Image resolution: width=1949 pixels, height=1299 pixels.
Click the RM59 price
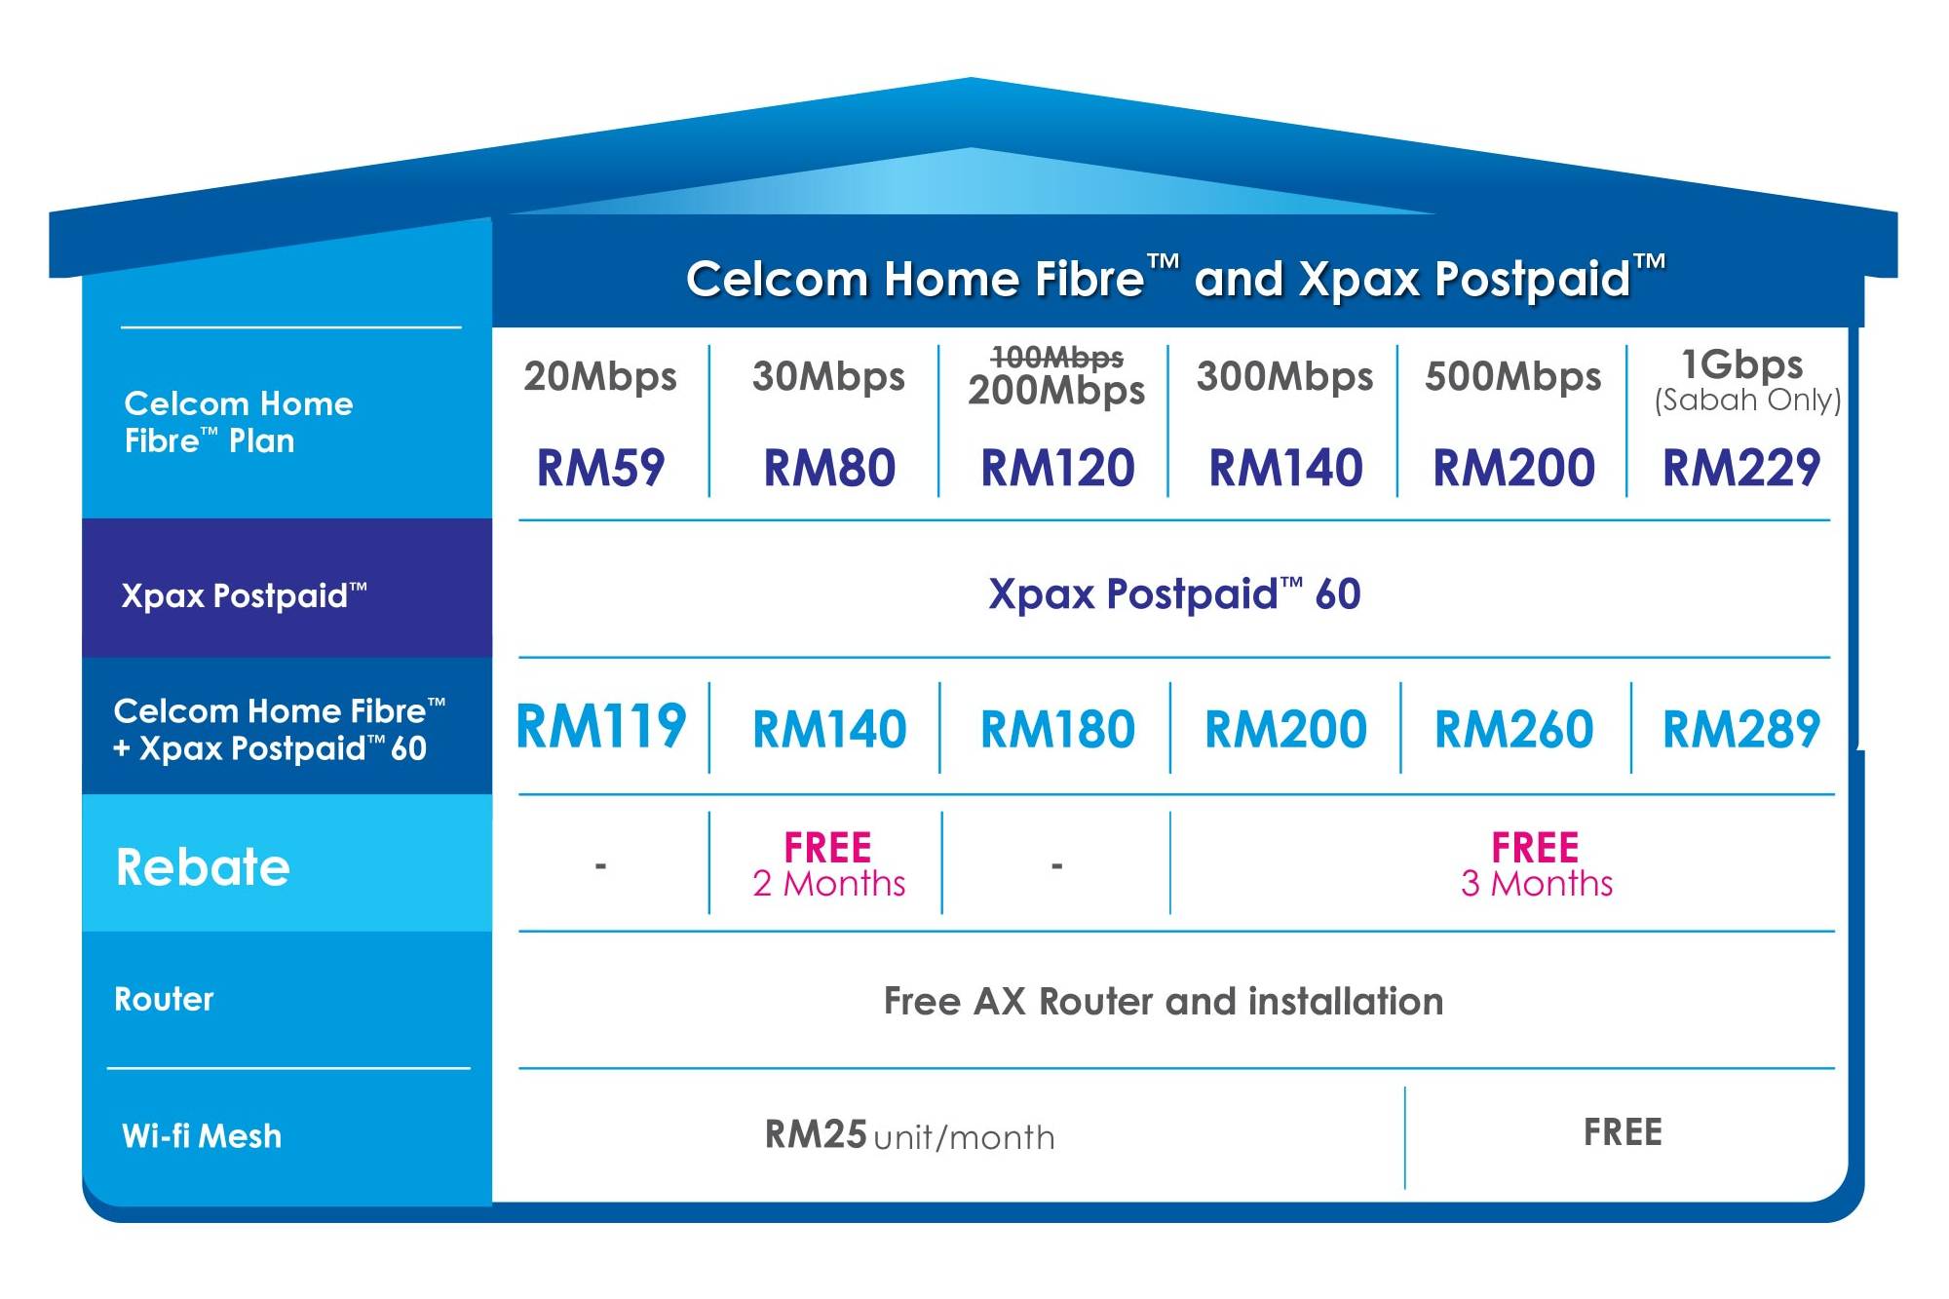[600, 468]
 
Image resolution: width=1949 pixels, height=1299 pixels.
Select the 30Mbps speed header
[828, 377]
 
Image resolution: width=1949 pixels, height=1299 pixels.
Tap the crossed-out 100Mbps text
[1057, 357]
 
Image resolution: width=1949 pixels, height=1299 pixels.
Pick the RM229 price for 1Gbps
[1740, 468]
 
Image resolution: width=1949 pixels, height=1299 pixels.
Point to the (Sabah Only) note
[1747, 401]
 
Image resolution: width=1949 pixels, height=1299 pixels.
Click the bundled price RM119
[601, 727]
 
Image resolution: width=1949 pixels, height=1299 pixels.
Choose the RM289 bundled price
[1740, 729]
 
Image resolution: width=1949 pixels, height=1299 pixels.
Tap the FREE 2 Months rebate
[828, 864]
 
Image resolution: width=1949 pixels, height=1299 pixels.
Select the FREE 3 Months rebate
[1536, 864]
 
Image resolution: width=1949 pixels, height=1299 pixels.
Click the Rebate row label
[203, 866]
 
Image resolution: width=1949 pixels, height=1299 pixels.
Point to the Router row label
[164, 999]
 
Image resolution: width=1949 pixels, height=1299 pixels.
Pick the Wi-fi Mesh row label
[202, 1135]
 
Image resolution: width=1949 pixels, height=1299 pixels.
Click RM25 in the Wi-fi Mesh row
[816, 1134]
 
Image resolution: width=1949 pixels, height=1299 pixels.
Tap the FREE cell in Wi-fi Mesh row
[1623, 1132]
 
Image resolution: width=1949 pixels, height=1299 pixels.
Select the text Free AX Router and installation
[1164, 1002]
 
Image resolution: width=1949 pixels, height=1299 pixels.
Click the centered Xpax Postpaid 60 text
[1174, 594]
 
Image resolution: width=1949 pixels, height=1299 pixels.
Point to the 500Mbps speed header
[1512, 377]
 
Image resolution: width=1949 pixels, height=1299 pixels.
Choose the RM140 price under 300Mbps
[1285, 468]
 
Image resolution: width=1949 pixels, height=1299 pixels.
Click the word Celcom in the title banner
[777, 279]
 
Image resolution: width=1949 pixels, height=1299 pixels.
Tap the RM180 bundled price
[1057, 729]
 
